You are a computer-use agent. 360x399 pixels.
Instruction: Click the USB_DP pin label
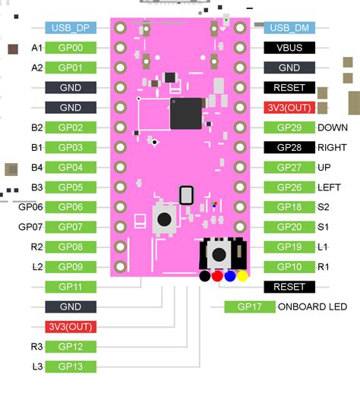[x=71, y=28]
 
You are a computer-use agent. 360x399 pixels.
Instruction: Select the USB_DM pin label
[x=289, y=28]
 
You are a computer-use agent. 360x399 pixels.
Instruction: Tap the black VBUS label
[x=289, y=48]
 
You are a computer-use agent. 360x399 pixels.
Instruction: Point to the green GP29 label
[x=289, y=127]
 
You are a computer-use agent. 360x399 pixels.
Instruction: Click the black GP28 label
[x=289, y=147]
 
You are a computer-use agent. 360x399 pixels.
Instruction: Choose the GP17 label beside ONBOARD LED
[x=250, y=306]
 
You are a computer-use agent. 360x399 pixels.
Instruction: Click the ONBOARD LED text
[x=312, y=306]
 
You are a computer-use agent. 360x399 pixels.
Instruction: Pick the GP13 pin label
[x=71, y=366]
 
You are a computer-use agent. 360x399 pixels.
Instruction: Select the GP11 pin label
[x=71, y=287]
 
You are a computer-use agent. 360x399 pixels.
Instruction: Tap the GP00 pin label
[x=71, y=48]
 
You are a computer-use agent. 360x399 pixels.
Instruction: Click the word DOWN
[x=333, y=127]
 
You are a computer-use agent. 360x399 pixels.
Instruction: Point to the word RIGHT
[x=333, y=147]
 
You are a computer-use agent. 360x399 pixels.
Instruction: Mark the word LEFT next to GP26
[x=330, y=187]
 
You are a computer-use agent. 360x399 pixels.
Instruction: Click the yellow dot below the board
[x=243, y=276]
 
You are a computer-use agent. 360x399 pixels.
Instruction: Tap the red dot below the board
[x=217, y=276]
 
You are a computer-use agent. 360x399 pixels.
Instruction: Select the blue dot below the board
[x=230, y=276]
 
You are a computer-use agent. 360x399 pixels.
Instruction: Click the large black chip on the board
[x=185, y=113]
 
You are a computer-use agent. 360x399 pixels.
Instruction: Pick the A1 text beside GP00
[x=36, y=48]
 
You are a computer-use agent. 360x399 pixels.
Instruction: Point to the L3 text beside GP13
[x=36, y=366]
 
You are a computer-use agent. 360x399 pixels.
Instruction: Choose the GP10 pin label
[x=289, y=267]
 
